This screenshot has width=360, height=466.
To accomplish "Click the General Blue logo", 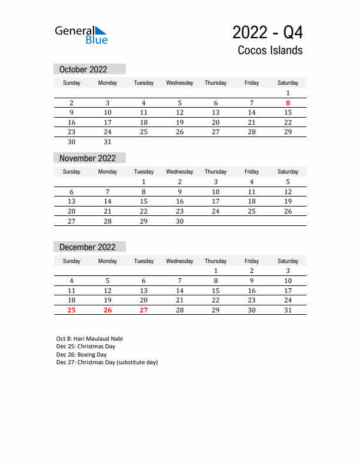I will pyautogui.click(x=81, y=35).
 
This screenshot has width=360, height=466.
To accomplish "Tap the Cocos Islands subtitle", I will pyautogui.click(x=270, y=50).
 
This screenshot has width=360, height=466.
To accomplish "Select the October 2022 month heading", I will pyautogui.click(x=84, y=69).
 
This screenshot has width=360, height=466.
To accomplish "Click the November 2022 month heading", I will pyautogui.click(x=88, y=158).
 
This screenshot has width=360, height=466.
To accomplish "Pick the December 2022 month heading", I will pyautogui.click(x=88, y=247).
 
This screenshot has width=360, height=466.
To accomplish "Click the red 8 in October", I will pyautogui.click(x=288, y=103).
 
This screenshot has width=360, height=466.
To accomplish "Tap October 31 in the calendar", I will pyautogui.click(x=108, y=142).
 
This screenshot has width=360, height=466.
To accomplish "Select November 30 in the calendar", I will pyautogui.click(x=180, y=221).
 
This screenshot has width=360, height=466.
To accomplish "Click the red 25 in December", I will pyautogui.click(x=72, y=310).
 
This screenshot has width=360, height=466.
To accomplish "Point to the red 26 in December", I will pyautogui.click(x=108, y=310).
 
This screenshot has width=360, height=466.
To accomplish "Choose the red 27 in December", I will pyautogui.click(x=144, y=310).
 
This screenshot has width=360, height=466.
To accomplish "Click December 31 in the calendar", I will pyautogui.click(x=288, y=310).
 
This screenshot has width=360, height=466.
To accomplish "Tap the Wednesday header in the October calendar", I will pyautogui.click(x=180, y=83).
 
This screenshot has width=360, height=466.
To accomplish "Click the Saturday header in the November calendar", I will pyautogui.click(x=288, y=172).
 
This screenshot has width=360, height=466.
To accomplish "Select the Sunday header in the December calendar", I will pyautogui.click(x=72, y=261).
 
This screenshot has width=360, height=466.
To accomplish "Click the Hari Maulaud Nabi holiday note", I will pyautogui.click(x=89, y=339).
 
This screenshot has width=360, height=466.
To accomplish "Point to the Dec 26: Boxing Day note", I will pyautogui.click(x=81, y=355).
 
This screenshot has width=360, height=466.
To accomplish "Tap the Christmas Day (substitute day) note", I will pyautogui.click(x=107, y=362).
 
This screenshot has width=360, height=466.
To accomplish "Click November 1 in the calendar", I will pyautogui.click(x=144, y=182).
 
